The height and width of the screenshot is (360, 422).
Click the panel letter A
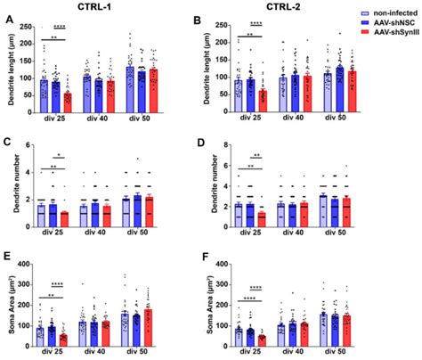pos(7,20)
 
